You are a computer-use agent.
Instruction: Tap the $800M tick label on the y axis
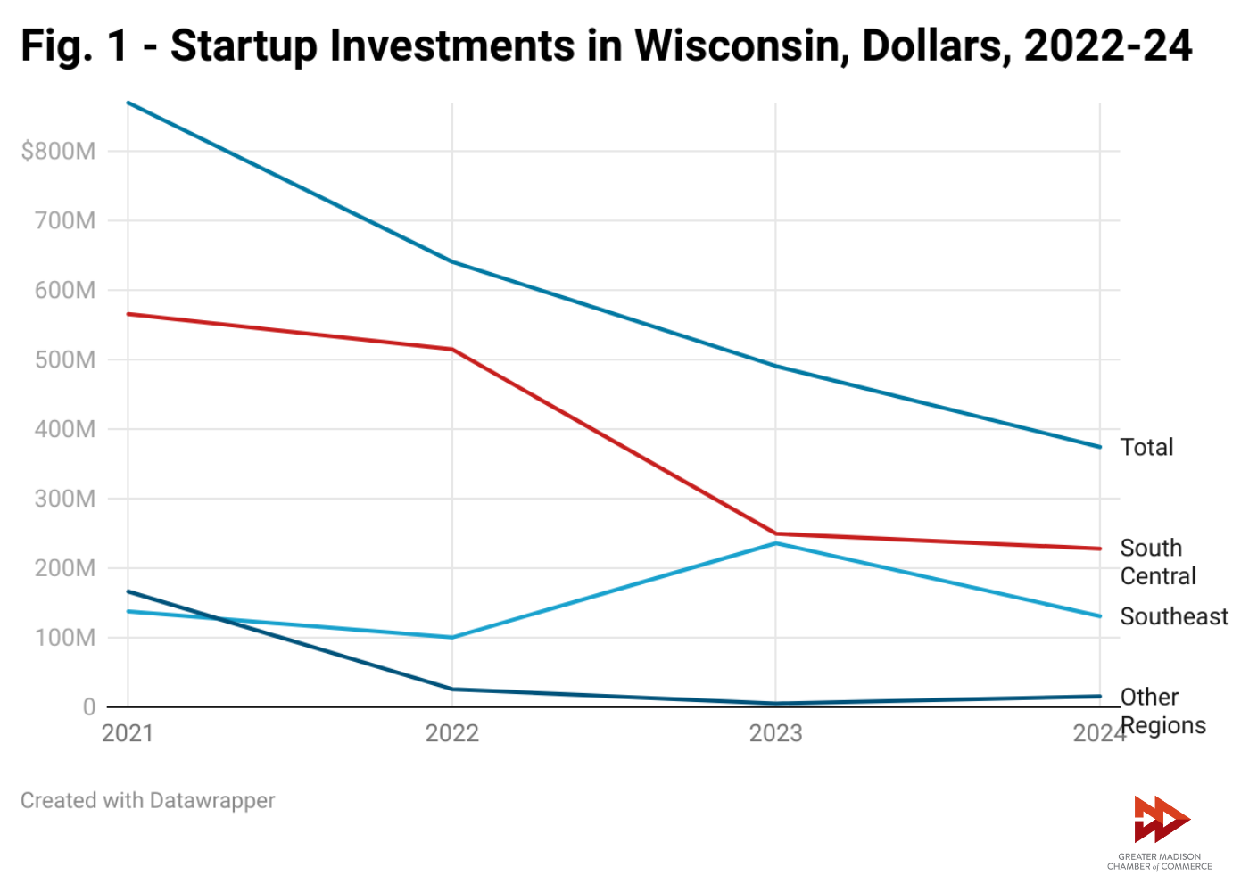point(58,152)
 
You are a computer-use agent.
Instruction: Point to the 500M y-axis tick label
point(64,359)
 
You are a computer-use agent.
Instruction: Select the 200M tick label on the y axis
point(64,568)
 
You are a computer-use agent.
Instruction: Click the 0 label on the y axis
point(88,707)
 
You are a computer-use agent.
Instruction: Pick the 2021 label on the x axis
point(128,733)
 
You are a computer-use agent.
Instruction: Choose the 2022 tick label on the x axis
point(452,733)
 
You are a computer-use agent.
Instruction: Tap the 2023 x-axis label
point(775,733)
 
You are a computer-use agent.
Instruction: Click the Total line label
point(1146,447)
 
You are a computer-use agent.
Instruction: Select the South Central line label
point(1157,562)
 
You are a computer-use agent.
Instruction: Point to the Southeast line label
point(1174,616)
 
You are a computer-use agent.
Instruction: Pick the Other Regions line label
point(1162,711)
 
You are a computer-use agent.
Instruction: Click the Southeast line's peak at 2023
point(775,543)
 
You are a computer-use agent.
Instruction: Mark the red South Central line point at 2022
point(452,349)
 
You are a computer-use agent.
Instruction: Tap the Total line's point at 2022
point(452,262)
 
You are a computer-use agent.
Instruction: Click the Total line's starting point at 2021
point(128,103)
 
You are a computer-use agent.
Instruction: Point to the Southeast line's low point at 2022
point(452,637)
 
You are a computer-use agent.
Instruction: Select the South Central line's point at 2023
point(775,533)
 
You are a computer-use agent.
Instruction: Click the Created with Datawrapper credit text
point(148,800)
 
